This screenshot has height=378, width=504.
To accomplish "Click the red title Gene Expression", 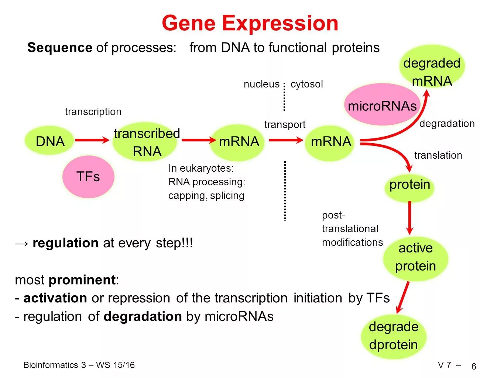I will point(250,23).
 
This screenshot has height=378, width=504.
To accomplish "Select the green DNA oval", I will point(50,141).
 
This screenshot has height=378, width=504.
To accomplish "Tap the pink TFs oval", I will point(88,176).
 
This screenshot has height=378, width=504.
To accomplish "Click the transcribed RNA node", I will point(147,142).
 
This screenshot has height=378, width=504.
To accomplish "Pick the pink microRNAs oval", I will point(382,106).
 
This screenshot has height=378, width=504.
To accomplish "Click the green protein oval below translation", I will point(409,185).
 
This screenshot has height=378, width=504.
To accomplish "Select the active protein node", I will point(415,257).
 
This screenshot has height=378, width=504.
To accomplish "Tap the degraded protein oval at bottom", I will point(394,336).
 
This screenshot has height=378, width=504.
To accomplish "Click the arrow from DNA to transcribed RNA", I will point(92,140).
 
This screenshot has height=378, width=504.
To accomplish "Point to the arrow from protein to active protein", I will point(409,218).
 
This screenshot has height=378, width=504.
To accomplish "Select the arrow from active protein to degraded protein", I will point(402,298).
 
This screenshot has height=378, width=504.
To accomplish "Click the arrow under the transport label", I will point(285,140).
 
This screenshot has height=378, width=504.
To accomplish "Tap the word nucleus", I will point(261,84).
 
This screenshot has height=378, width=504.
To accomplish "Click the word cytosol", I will point(306,84).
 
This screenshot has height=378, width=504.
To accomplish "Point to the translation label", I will point(438,155).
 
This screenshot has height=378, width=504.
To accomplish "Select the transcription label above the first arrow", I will point(93,112).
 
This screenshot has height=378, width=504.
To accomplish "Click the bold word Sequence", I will point(59,48).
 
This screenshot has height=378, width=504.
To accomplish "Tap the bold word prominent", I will point(82,280).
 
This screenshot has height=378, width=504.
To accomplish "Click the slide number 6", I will point(474,367).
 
